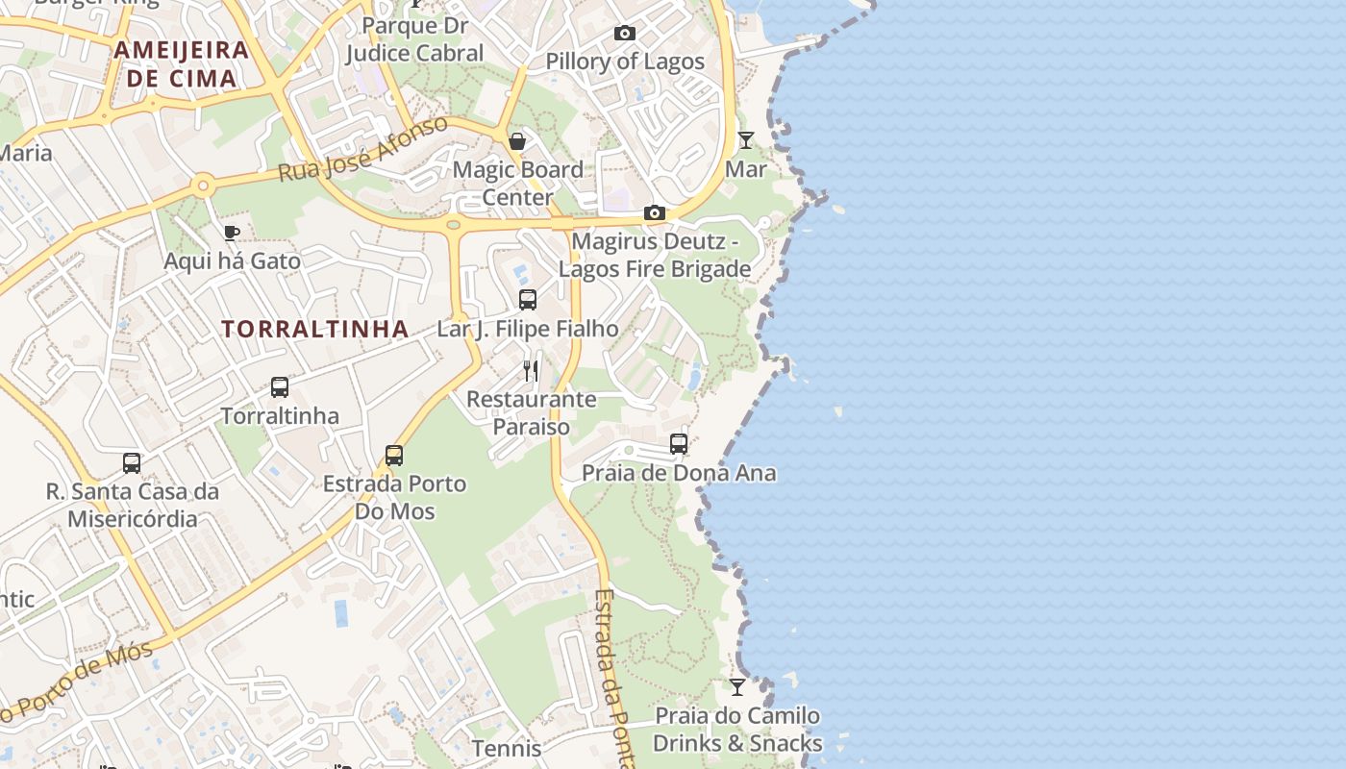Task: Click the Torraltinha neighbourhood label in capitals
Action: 315,329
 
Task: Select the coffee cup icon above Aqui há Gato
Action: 231,233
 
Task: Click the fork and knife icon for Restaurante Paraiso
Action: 531,370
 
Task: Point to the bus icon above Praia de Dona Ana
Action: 679,444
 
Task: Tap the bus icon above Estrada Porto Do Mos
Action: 394,455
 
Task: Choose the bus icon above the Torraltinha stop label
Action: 280,387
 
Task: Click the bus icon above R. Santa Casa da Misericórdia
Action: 132,463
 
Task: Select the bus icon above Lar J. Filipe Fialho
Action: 528,300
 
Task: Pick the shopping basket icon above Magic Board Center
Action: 517,142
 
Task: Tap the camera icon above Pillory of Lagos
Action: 624,34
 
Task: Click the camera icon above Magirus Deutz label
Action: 655,212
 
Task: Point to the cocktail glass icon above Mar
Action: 746,140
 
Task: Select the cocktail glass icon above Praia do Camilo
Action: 737,687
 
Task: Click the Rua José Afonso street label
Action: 363,150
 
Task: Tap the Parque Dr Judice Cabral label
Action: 415,39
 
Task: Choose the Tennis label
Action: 507,747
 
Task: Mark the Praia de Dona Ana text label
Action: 679,473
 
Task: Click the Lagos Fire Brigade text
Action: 655,269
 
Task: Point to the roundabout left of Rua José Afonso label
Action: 202,186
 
